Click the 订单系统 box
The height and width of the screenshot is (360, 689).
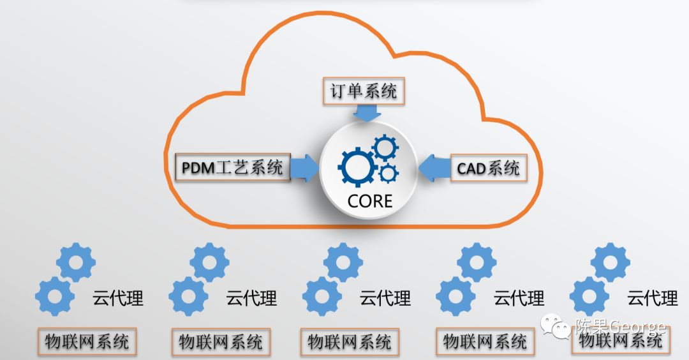[363, 91]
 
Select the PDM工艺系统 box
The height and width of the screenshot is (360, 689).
[232, 168]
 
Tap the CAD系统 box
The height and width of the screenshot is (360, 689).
[489, 169]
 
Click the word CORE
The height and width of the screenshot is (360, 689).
[370, 202]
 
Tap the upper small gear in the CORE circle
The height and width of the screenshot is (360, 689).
[385, 148]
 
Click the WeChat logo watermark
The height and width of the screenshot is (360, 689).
[559, 327]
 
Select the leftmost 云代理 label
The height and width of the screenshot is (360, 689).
[118, 297]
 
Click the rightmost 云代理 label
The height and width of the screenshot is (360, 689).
[652, 297]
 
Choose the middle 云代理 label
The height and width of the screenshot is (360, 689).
[385, 297]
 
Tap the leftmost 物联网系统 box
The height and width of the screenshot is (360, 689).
[87, 341]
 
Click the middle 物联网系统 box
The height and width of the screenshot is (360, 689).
[350, 341]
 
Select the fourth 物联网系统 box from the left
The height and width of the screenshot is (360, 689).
[485, 341]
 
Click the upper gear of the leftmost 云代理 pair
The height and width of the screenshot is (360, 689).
[76, 261]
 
